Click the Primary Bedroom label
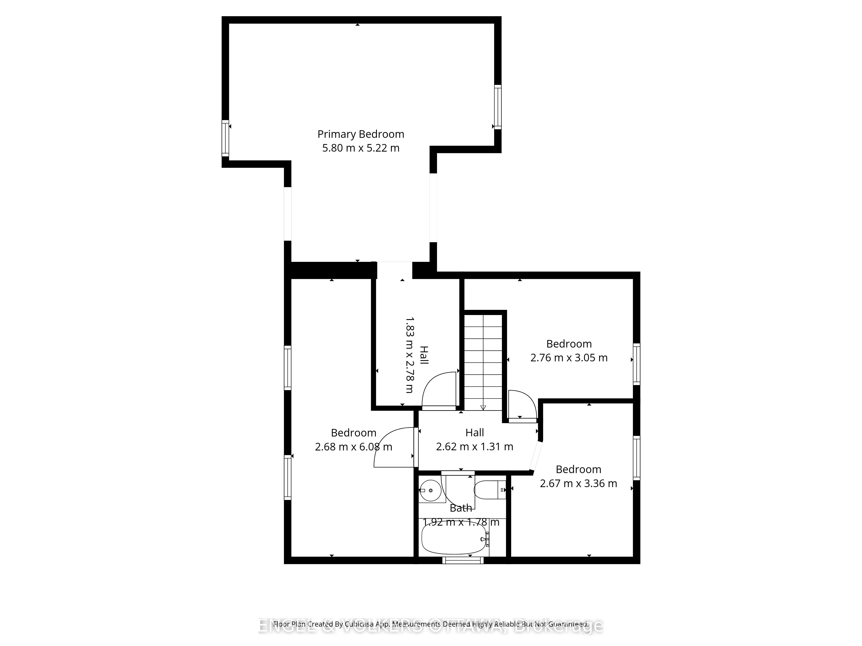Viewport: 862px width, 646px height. tap(361, 134)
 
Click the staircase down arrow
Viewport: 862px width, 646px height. tap(483, 407)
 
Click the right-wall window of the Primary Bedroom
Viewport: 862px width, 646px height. tap(498, 107)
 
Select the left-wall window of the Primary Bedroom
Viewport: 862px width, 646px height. tap(225, 138)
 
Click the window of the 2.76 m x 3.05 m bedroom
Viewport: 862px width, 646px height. tap(636, 364)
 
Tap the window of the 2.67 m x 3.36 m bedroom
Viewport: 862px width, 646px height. tap(636, 458)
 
